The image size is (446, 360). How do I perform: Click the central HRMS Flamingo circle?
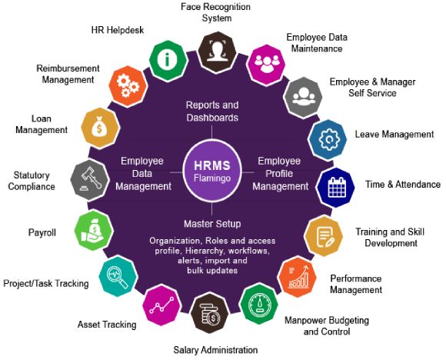[x=212, y=172]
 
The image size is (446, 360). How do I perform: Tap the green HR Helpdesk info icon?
[x=168, y=60]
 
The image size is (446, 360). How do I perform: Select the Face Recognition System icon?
[x=217, y=52]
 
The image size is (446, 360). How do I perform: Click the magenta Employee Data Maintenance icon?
[x=266, y=65]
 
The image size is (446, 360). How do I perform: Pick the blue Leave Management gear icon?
[x=328, y=140]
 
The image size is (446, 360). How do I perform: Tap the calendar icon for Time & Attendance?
[x=335, y=187]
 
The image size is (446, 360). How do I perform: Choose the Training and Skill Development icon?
[x=324, y=235]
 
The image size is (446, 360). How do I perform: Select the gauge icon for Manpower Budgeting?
[x=259, y=304]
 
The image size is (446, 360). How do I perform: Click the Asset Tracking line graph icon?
[x=161, y=305]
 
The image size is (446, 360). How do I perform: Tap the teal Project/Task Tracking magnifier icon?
[x=118, y=276]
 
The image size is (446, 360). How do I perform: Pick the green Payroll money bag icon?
[x=94, y=231]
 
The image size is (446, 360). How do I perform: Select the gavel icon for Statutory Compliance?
[x=90, y=180]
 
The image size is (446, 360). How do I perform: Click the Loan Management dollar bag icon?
[x=101, y=128]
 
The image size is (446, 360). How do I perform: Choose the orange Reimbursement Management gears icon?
[x=128, y=86]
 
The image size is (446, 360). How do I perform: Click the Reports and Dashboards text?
[x=212, y=112]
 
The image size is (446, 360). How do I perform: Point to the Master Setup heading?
[x=212, y=224]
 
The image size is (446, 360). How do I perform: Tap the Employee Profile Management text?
[x=280, y=174]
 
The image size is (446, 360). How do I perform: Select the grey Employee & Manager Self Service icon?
[x=303, y=97]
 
